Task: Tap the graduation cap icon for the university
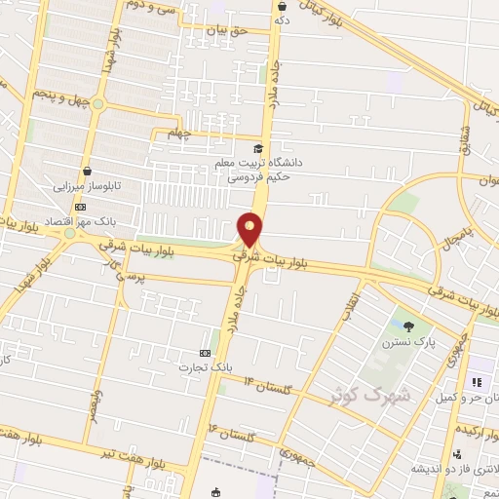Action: click(x=258, y=149)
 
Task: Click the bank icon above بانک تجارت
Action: click(x=204, y=353)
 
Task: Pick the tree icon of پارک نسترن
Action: click(x=406, y=326)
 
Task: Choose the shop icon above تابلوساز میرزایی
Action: click(x=89, y=169)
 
